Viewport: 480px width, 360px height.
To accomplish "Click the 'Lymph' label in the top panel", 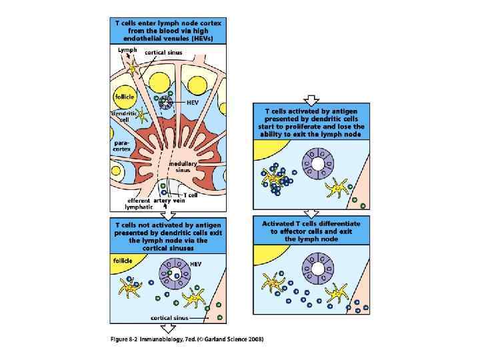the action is pos(127,49).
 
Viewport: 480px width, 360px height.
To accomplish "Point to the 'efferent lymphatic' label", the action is pos(138,203).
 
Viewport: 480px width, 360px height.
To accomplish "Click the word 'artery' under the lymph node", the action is pos(163,199).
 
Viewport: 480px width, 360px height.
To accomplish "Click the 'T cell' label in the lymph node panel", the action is pos(191,195).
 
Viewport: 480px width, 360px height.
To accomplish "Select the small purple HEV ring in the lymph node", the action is pos(167,103).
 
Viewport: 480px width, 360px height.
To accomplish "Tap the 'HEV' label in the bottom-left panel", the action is pos(196,264).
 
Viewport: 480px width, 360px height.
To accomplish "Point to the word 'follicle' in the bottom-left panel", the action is pos(123,259).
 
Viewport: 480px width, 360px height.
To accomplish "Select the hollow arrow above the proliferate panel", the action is pos(311,99).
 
